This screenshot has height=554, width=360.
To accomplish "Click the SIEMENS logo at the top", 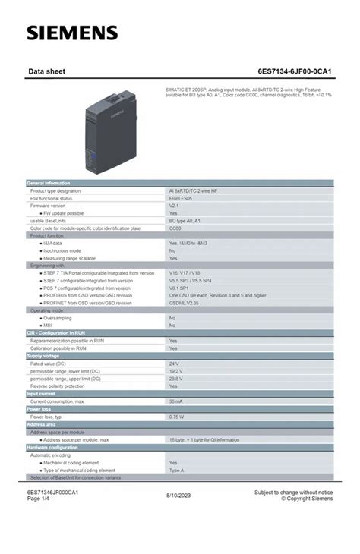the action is [73, 33].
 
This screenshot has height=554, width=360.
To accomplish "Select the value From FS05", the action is [180, 198].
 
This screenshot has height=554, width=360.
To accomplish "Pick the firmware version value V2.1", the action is [174, 206].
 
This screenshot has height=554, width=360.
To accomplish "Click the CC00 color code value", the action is [175, 228].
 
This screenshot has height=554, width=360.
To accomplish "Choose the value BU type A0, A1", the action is [185, 221].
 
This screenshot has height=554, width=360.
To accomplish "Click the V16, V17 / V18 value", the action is [185, 272].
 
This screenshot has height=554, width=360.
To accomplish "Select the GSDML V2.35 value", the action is [184, 302].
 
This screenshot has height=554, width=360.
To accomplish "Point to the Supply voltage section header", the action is [43, 356].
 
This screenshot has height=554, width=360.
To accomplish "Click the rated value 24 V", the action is [174, 364].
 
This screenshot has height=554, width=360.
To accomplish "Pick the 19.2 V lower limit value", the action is [175, 371].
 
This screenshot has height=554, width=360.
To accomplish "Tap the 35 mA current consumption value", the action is [175, 401].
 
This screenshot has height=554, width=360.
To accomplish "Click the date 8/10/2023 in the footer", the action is [179, 495].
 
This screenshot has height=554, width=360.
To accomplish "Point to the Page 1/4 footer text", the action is [39, 498].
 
